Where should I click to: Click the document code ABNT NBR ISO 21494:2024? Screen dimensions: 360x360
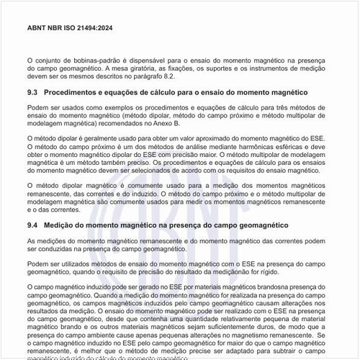click(68, 27)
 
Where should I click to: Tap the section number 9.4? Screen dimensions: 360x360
click(32, 225)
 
